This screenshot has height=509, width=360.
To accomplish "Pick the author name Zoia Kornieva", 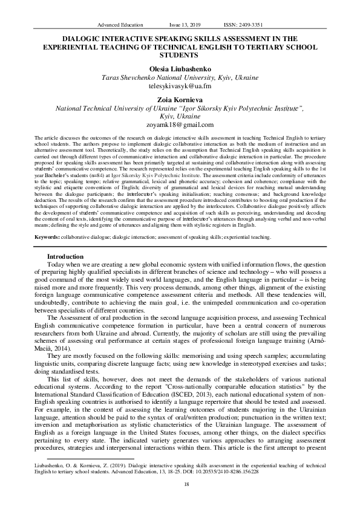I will (180, 100).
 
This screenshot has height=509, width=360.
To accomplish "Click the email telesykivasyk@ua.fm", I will (180, 87).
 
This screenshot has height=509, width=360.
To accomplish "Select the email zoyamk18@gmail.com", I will (180, 125).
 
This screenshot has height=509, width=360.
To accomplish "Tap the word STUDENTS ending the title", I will (180, 54).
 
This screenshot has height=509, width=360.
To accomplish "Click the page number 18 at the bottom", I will (180, 484).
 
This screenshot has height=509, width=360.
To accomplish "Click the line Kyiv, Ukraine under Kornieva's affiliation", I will (180, 116).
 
